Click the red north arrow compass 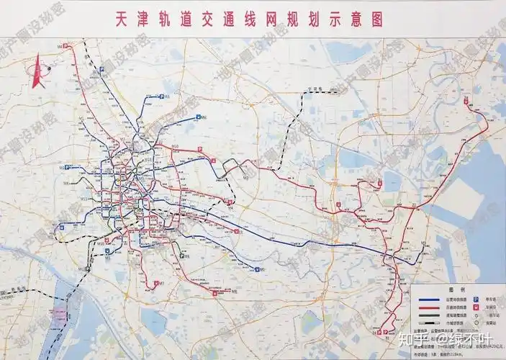37,72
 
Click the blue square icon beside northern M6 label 162,96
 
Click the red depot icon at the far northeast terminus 469,100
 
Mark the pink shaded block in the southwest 57,314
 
